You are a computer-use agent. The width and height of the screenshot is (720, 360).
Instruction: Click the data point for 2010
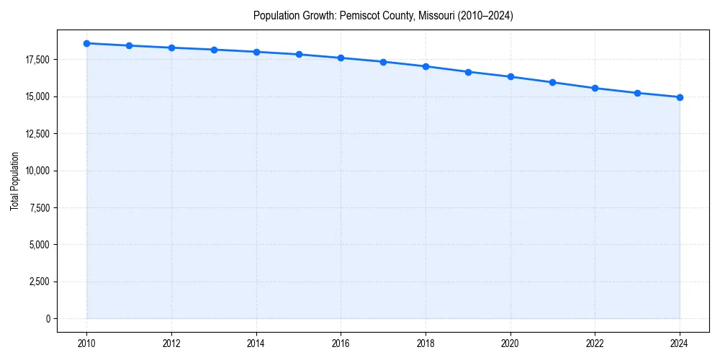86,43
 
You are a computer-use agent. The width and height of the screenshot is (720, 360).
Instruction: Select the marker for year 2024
680,97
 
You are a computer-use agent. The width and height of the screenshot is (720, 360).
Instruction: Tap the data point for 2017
383,62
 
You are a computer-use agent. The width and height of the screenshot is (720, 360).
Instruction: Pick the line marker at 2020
510,76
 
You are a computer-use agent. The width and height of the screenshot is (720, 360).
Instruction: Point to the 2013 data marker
214,50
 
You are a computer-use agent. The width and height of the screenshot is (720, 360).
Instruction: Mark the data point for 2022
595,88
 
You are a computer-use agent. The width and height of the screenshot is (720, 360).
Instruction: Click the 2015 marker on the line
299,55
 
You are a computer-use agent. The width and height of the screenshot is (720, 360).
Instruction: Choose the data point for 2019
468,72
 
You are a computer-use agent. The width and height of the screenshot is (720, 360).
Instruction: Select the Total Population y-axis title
14,181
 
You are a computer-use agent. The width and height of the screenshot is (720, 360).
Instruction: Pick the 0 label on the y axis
48,318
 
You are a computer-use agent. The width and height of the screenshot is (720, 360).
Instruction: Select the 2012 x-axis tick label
171,343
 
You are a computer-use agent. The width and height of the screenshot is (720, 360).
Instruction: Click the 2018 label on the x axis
426,343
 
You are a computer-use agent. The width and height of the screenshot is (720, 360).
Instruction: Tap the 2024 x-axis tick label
680,343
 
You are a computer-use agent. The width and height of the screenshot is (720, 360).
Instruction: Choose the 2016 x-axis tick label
341,343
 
